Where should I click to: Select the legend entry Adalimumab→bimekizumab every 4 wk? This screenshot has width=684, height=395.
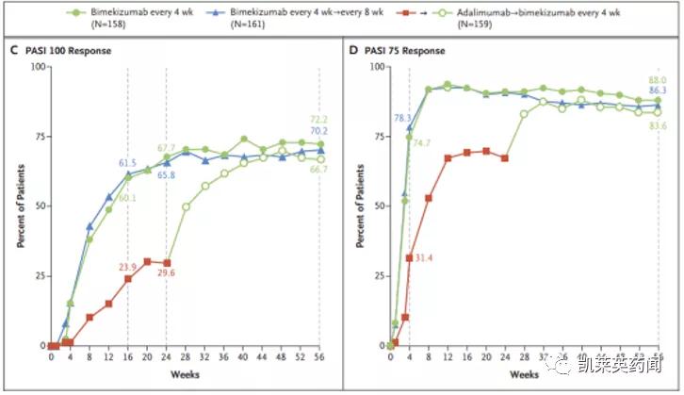point(537,16)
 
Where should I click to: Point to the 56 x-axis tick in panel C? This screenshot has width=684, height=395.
point(320,357)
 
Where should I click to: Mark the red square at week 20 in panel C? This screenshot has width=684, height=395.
point(147,261)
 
